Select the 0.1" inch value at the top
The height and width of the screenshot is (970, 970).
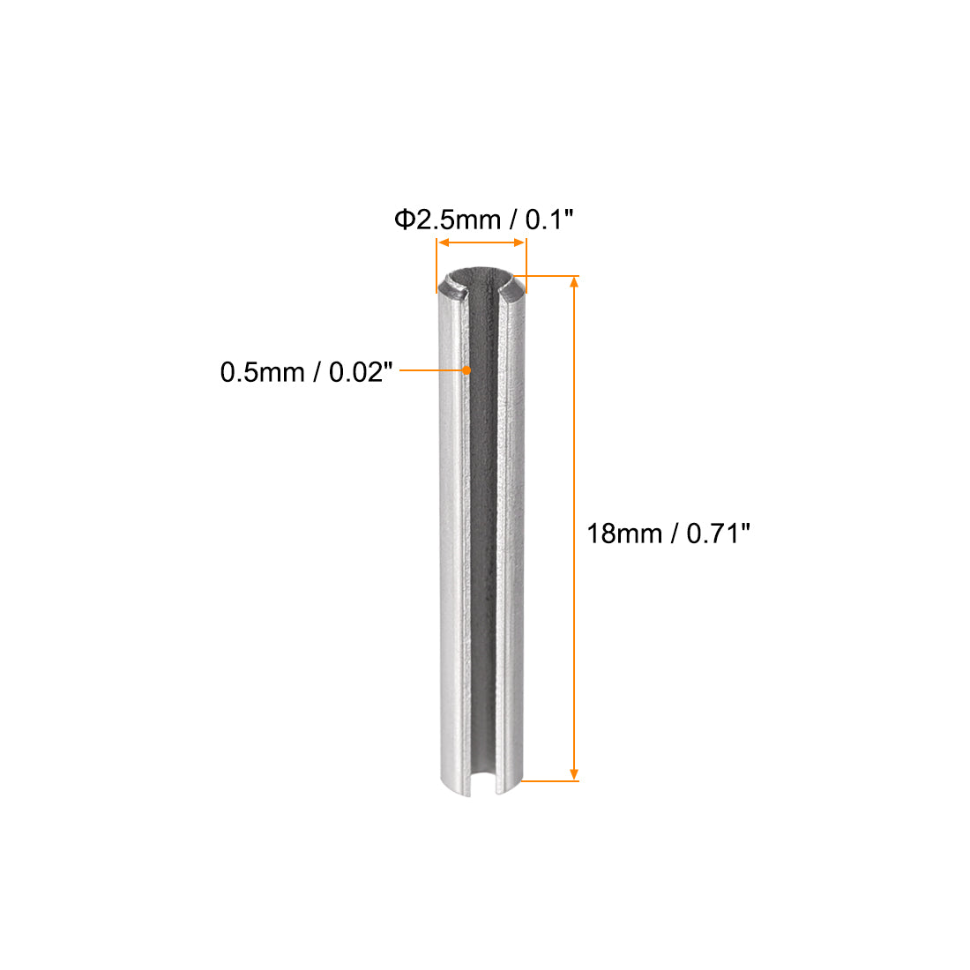pos(550,220)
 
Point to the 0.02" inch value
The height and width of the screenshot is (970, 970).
pos(360,373)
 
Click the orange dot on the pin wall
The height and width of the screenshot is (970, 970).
pos(466,371)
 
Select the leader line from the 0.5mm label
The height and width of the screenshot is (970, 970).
pos(432,372)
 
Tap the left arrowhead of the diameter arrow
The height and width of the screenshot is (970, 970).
pos(442,242)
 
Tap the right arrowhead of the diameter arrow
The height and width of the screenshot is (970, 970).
pos(521,242)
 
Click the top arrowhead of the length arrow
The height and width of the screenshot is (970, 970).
pos(575,282)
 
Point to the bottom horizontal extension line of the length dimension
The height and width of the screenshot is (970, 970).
pos(549,780)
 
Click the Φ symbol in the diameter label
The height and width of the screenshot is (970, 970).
pos(405,220)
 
